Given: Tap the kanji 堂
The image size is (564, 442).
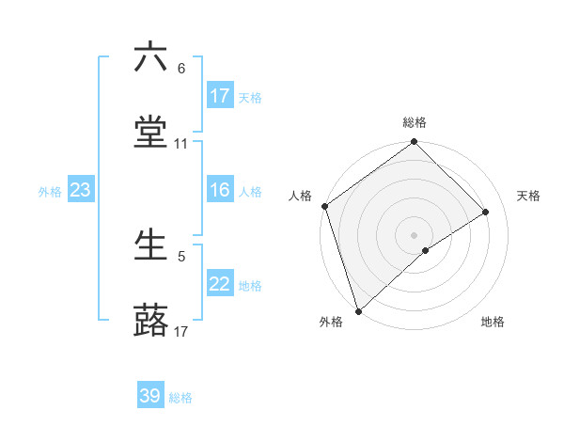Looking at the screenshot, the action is (150, 133).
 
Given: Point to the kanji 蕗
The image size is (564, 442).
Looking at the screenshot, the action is (150, 321).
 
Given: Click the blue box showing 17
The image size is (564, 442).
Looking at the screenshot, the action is (220, 96).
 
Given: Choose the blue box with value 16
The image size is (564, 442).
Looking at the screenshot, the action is (220, 191).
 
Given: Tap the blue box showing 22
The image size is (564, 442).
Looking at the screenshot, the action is (220, 285).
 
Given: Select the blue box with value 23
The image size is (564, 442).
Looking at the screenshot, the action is (81, 191).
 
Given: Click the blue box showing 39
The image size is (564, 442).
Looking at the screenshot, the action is (150, 397).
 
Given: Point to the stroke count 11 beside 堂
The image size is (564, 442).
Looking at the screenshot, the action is (181, 144).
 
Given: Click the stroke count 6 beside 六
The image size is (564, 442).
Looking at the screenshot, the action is (181, 69).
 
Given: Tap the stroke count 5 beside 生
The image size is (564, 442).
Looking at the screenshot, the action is (181, 256).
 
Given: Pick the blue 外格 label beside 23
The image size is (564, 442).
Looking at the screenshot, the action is (50, 192).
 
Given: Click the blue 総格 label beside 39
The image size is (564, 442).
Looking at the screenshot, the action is (180, 398).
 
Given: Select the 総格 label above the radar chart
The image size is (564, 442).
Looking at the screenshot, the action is (415, 122).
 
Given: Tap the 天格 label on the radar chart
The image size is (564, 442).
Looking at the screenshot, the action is (529, 196).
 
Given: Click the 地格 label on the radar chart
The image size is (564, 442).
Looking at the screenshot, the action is (493, 322).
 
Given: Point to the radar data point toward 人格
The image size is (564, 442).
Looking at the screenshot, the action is (324, 206).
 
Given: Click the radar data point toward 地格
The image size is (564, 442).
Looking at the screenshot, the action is (426, 250).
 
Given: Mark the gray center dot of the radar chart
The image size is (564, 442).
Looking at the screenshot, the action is (415, 234).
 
